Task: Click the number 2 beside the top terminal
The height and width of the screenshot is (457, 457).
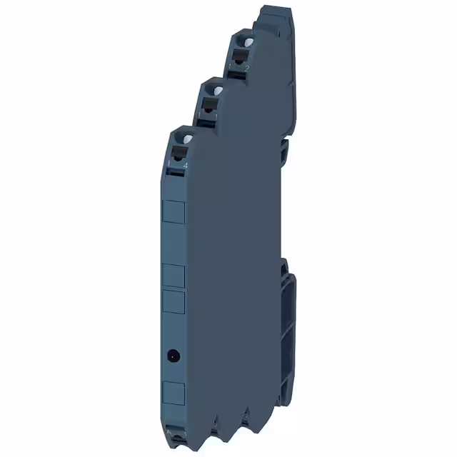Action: [x=247, y=68]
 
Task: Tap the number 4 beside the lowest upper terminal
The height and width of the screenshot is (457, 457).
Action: [x=186, y=165]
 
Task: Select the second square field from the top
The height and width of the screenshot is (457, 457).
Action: [x=174, y=275]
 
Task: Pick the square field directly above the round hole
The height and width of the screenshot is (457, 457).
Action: [x=174, y=303]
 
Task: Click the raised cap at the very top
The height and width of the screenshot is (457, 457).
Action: [x=273, y=14]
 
